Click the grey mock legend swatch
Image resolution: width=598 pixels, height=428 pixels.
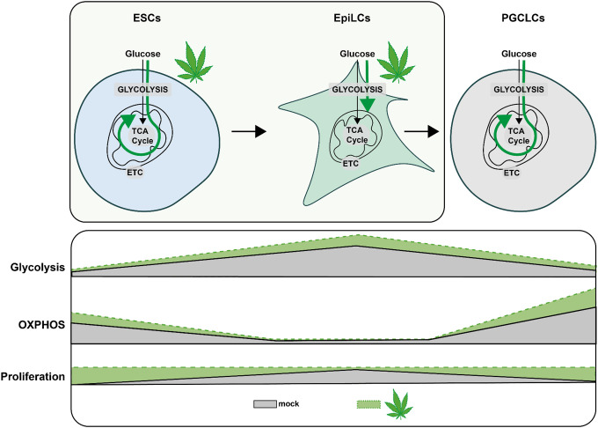(265, 403)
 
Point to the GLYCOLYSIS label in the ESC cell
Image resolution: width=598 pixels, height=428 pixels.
(141, 89)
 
